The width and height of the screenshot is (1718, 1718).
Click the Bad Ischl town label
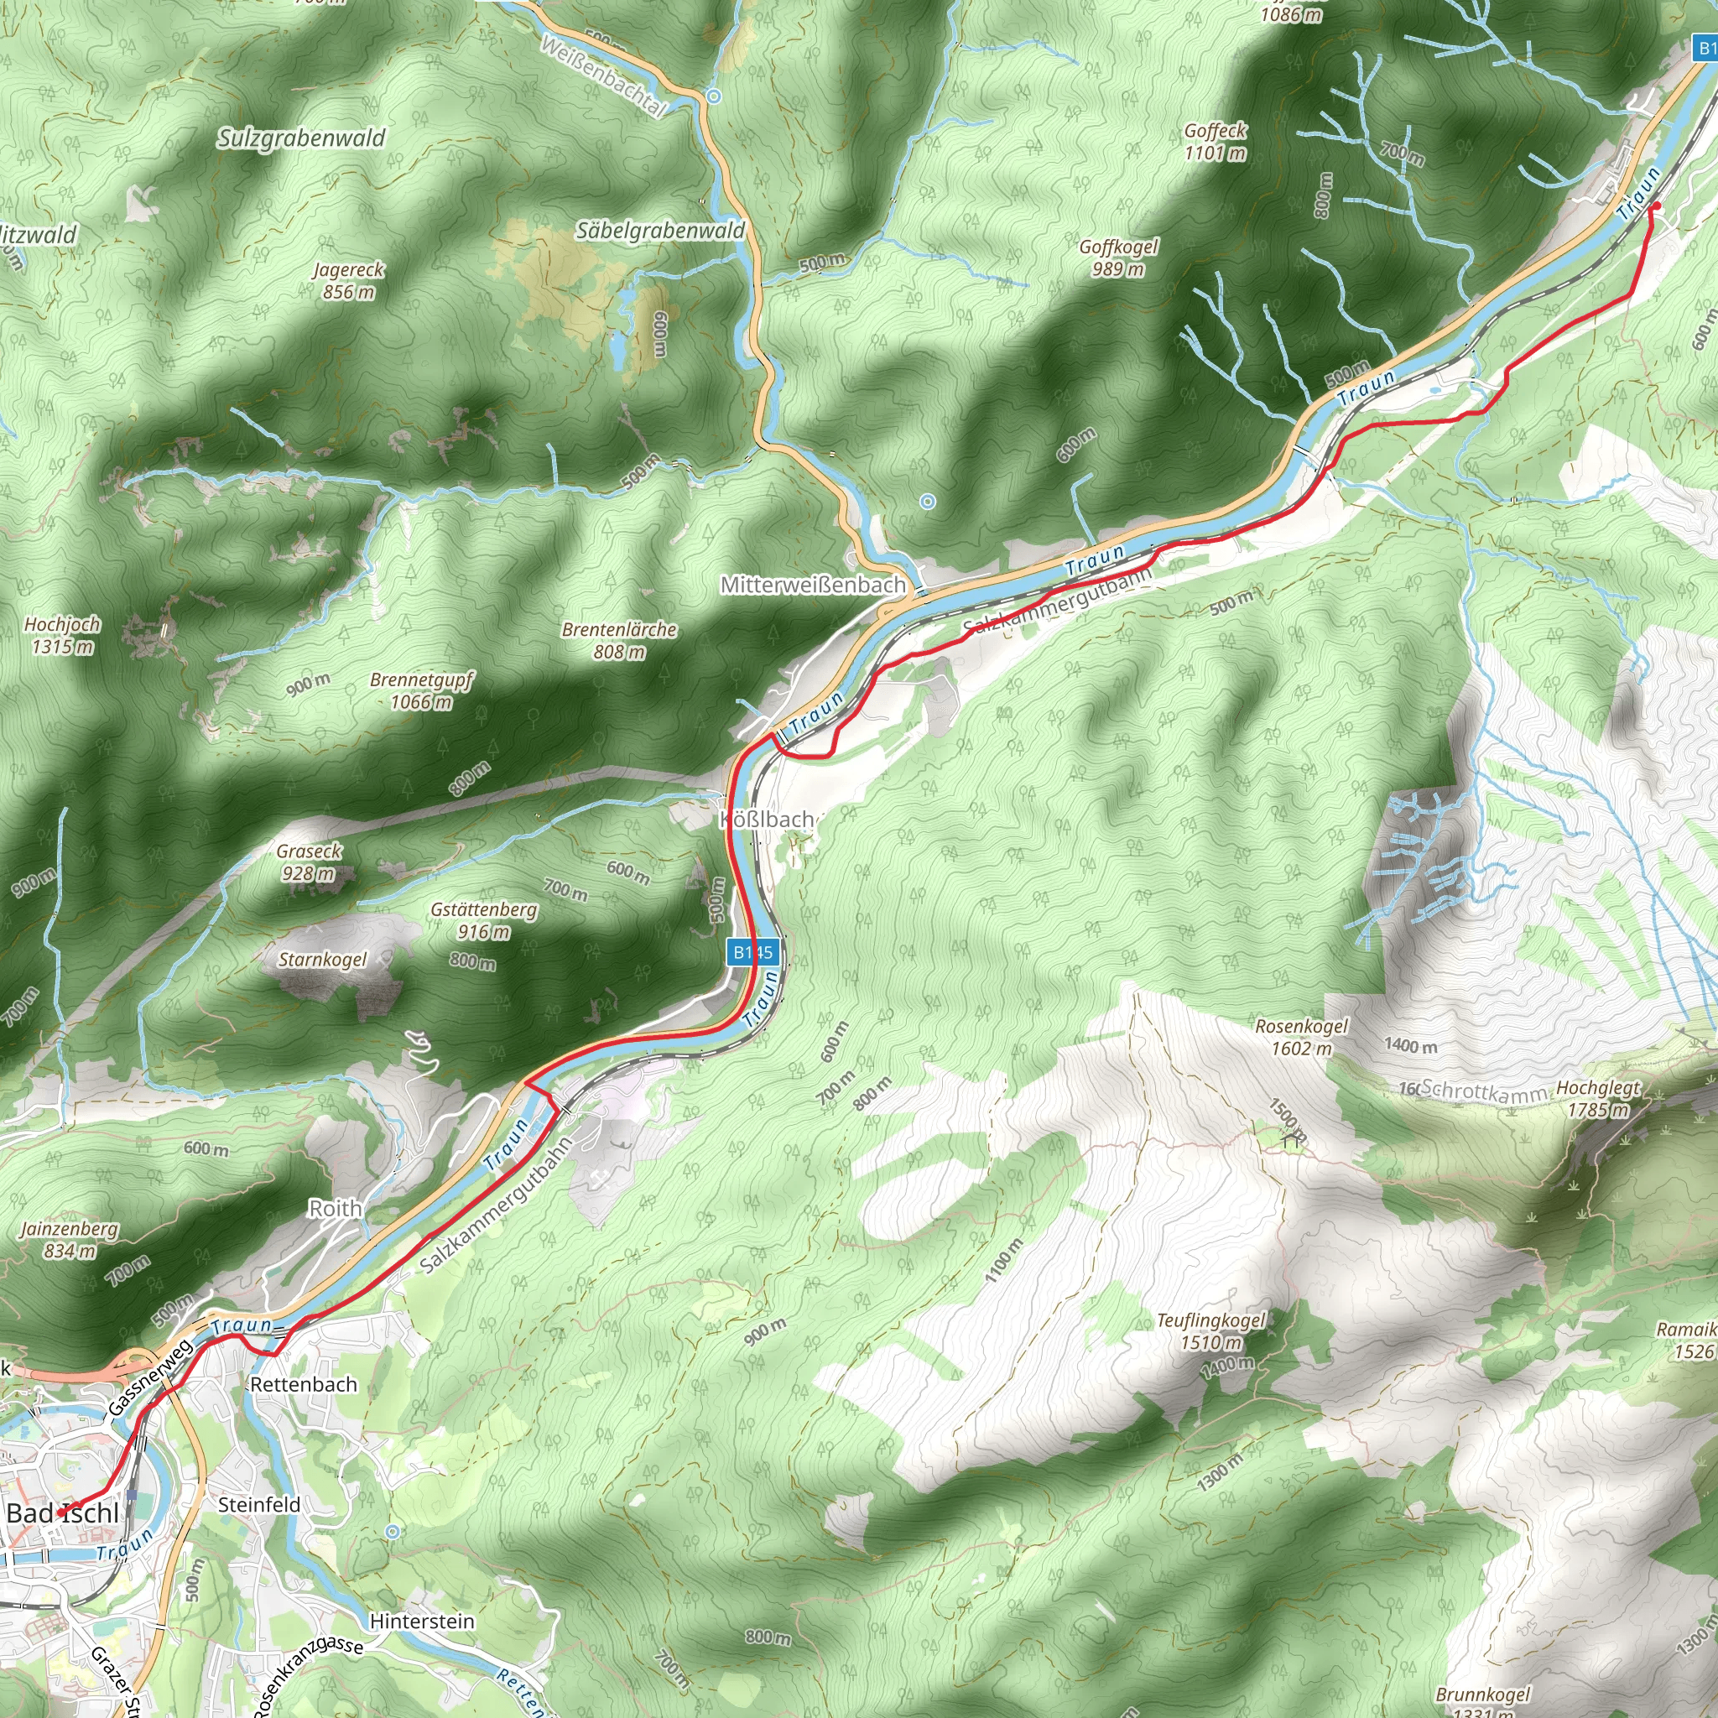tap(62, 1512)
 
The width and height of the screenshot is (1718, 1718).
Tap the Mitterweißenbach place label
tap(813, 586)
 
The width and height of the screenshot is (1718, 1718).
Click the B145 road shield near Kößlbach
tap(753, 952)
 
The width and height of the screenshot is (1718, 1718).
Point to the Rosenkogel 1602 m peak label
tap(1301, 1037)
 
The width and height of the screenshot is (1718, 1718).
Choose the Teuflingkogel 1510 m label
tap(1211, 1331)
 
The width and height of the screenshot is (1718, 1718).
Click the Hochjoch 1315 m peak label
tap(62, 635)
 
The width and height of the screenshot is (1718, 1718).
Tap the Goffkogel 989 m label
tap(1119, 258)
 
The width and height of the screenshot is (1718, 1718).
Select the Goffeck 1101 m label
tap(1215, 142)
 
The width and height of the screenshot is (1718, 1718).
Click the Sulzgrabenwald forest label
tap(301, 138)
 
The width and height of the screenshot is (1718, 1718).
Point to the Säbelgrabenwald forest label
tap(661, 232)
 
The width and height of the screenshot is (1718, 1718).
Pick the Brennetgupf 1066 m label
tap(421, 691)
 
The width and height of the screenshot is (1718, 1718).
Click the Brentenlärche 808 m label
tap(619, 640)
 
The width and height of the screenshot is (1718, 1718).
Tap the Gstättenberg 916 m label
tap(484, 920)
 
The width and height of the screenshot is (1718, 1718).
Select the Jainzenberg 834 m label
tap(70, 1240)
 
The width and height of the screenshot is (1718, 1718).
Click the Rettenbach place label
tap(303, 1384)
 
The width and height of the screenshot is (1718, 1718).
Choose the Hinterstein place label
tap(421, 1621)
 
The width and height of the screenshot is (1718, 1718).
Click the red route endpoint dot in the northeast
tap(1656, 206)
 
